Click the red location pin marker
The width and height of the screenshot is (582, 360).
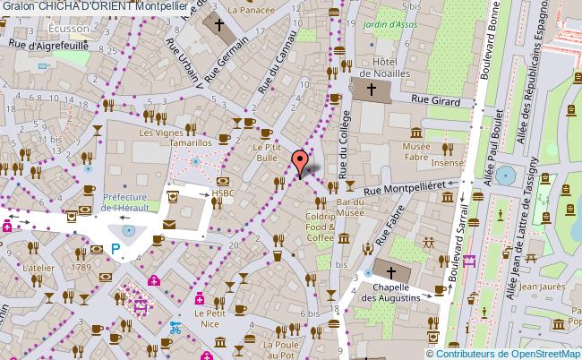click(298, 162)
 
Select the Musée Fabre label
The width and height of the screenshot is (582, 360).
click(416, 152)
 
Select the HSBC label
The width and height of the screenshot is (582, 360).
click(224, 193)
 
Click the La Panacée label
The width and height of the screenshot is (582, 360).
click(250, 10)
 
